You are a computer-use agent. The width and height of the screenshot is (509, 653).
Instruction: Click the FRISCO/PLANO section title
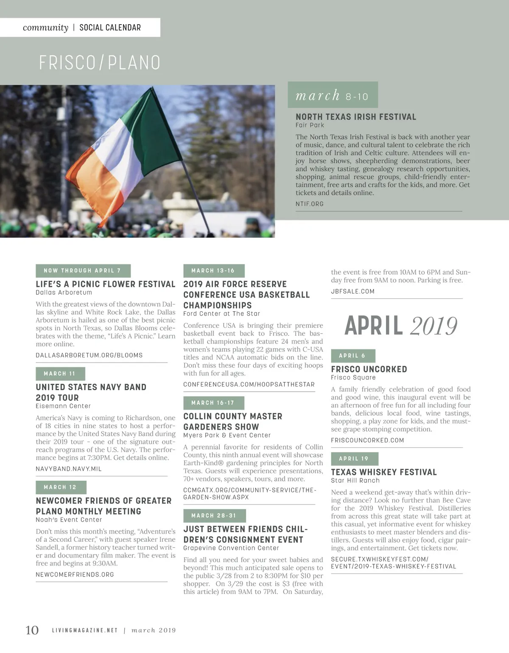100,63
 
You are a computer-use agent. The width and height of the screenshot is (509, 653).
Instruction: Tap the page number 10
32,630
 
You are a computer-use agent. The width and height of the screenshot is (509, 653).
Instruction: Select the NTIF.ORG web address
310,204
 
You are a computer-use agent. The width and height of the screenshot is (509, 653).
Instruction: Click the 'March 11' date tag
60,374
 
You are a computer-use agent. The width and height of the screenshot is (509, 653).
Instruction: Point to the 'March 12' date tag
61,487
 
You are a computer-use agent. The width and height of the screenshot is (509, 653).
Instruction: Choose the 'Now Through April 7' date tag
83,270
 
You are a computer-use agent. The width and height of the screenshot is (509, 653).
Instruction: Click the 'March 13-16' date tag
213,270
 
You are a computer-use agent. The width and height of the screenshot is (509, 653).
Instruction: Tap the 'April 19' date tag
354,459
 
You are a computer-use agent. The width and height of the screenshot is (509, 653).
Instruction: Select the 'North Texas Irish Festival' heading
356,117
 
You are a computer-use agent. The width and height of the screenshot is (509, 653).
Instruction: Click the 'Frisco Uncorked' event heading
369,369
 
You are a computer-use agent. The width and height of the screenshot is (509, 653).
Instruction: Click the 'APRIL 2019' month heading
401,326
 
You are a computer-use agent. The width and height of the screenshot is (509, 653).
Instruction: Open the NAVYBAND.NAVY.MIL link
69,469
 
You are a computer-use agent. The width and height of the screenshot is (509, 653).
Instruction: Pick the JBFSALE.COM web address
353,291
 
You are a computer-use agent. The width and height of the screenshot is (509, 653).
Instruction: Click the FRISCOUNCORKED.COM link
368,440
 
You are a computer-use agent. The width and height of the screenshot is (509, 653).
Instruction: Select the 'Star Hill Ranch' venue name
355,481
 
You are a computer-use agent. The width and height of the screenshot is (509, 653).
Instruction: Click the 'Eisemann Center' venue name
63,406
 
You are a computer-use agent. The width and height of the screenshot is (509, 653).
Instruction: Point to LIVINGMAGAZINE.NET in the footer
85,630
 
